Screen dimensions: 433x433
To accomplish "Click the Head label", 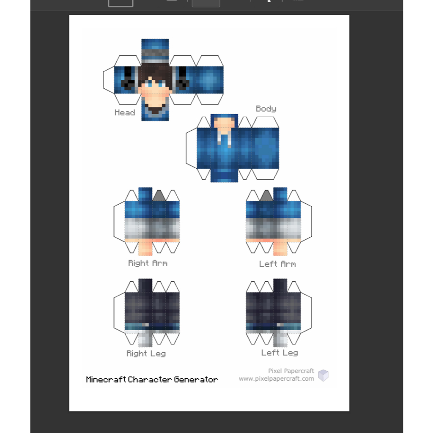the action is point(125,112).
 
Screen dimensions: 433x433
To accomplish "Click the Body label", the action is point(266,109).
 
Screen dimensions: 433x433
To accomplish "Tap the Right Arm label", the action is point(148,263).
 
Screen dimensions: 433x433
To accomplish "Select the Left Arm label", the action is point(277,264).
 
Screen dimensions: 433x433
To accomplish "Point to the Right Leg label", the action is point(146,354).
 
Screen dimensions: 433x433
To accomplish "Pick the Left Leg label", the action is point(280,353).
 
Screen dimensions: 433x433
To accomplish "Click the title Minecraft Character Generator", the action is point(152,379).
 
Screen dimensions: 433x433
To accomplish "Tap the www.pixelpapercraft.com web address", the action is point(277,378).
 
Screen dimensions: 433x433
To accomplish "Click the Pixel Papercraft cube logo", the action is point(323,375).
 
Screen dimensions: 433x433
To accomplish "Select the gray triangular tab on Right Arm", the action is point(159,195).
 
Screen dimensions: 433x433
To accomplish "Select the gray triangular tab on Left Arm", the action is point(266,195).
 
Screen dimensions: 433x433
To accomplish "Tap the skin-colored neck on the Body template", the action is point(224,122).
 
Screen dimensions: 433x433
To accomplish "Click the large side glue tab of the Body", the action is point(192,148).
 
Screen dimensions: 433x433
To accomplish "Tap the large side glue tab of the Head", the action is point(109,80).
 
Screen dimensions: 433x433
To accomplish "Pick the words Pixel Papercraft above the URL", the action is point(291,371).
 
